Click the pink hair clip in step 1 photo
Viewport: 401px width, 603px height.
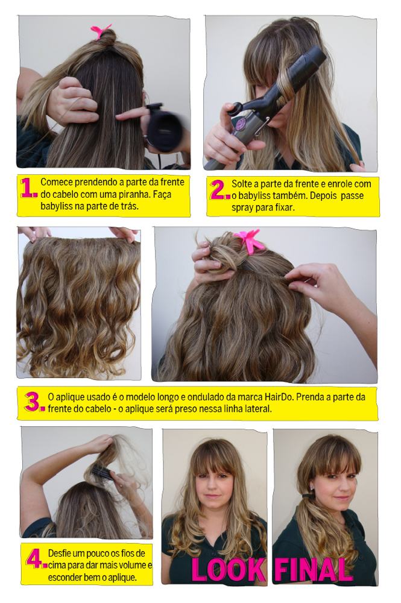[101, 31]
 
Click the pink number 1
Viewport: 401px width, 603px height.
[28, 188]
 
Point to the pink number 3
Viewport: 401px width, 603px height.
[34, 402]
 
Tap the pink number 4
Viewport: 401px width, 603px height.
[36, 559]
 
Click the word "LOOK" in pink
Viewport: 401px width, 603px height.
[228, 570]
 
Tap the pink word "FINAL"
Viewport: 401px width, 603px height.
[313, 570]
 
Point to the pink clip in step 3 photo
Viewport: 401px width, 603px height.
[250, 241]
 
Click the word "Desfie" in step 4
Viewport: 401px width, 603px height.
[60, 554]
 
